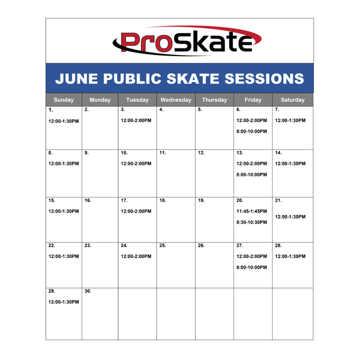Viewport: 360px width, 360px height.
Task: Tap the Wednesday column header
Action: pos(175,100)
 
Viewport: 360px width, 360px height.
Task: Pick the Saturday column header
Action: pos(292,100)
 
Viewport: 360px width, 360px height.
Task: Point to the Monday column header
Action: pos(100,100)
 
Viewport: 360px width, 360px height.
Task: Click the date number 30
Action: pos(88,291)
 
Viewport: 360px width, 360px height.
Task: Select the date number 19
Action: pos(201,200)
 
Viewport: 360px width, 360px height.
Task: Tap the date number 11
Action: pos(162,153)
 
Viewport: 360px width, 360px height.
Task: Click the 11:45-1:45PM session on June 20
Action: pos(252,211)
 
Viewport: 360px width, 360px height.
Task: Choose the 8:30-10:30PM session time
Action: pos(252,222)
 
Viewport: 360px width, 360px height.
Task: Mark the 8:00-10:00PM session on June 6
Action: pos(252,131)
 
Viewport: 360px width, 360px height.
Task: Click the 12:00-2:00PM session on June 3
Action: pos(136,121)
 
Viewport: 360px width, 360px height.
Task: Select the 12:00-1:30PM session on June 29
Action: pos(63,302)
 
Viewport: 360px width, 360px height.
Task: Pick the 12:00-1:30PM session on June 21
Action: pos(290,216)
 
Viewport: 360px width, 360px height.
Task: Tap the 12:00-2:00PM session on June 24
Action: pos(136,256)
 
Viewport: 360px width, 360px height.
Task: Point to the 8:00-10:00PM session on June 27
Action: pos(252,267)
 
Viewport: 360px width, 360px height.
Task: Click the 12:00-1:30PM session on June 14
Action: pos(290,164)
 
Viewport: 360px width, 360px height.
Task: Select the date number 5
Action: pos(200,110)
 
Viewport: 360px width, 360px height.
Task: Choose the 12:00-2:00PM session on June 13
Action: pos(252,164)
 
